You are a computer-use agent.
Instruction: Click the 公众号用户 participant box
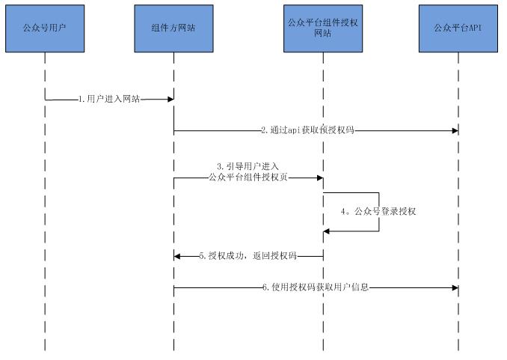pyautogui.click(x=45, y=28)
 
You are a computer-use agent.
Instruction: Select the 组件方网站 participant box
pyautogui.click(x=173, y=28)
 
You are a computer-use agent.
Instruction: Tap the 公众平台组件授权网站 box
pyautogui.click(x=323, y=28)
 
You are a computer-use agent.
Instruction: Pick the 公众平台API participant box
pyautogui.click(x=458, y=28)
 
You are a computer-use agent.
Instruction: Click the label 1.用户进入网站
pyautogui.click(x=109, y=99)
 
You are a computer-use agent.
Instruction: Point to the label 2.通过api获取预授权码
pyautogui.click(x=307, y=130)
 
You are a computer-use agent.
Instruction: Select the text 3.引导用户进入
pyautogui.click(x=248, y=165)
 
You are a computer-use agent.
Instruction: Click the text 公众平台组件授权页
pyautogui.click(x=248, y=177)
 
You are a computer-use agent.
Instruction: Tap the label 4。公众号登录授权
pyautogui.click(x=379, y=212)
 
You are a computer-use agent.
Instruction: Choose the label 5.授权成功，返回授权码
pyautogui.click(x=248, y=256)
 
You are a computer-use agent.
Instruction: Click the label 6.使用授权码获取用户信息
pyautogui.click(x=316, y=287)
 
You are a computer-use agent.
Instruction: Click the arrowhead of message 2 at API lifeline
pyautogui.click(x=454, y=130)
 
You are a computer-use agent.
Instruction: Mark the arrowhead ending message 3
pyautogui.click(x=319, y=178)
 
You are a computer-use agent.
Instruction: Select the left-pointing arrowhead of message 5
pyautogui.click(x=178, y=256)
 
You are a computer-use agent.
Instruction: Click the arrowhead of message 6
pyautogui.click(x=454, y=287)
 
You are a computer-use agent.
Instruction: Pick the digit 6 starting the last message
pyautogui.click(x=264, y=287)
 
